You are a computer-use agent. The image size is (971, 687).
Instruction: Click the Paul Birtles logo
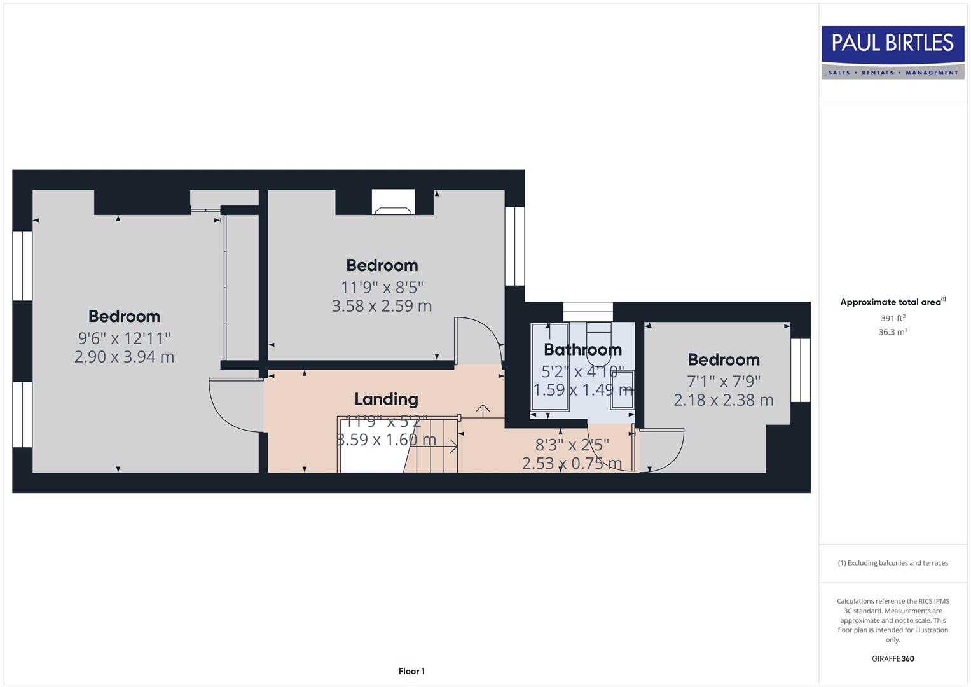(x=892, y=52)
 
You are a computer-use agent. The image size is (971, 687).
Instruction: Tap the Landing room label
(x=386, y=399)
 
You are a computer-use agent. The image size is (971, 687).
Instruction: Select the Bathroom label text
(x=582, y=350)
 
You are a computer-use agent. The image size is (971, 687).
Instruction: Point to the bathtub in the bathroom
(x=549, y=369)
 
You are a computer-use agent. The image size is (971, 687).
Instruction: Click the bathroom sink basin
(x=622, y=389)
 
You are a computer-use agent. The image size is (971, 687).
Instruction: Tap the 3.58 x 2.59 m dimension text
(x=382, y=306)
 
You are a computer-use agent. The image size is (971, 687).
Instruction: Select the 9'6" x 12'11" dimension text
(x=124, y=338)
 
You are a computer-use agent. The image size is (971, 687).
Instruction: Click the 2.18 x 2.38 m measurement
(x=724, y=400)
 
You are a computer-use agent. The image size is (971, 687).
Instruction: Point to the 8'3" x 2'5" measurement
(x=572, y=444)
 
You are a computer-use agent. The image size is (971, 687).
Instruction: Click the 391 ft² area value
(x=892, y=318)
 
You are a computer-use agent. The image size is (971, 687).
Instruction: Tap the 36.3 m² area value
(x=892, y=332)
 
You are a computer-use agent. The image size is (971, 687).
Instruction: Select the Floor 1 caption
(x=411, y=671)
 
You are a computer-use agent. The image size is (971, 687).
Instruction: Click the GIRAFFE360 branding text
(x=892, y=658)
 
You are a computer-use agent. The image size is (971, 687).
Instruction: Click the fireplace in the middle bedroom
(x=393, y=203)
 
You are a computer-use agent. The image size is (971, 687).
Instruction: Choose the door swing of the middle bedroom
(x=479, y=340)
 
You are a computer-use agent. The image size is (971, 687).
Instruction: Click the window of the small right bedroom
(x=801, y=370)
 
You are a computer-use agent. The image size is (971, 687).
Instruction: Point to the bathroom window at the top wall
(x=588, y=312)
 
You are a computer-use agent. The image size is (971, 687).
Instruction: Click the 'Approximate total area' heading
(x=892, y=302)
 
